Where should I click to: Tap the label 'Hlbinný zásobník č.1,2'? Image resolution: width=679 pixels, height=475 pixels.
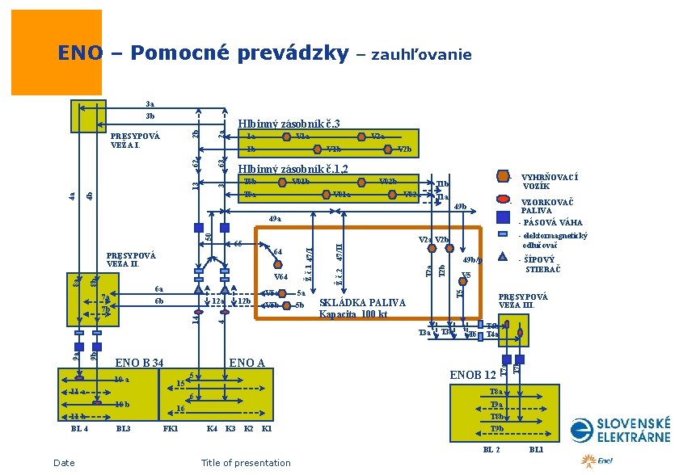pos(293,169)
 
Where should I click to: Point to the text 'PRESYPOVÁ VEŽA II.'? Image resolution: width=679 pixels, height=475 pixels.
pos(132,259)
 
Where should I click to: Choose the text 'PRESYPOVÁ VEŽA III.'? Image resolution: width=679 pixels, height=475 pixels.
pos(523,301)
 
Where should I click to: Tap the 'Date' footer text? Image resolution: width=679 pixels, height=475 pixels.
pos(63,463)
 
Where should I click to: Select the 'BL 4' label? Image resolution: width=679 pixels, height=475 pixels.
pos(79,428)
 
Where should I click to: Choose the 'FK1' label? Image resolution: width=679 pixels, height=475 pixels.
pos(171,428)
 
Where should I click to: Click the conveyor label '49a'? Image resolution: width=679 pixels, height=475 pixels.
pos(275,218)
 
